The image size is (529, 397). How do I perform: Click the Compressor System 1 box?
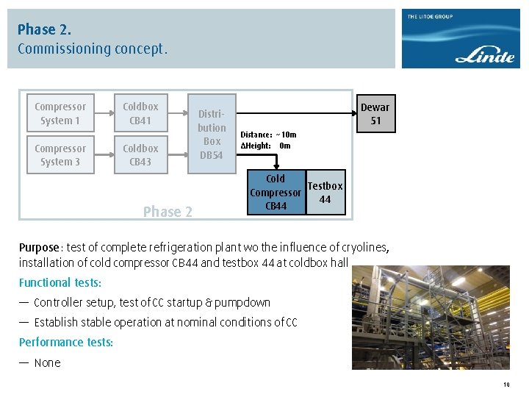[x=60, y=113]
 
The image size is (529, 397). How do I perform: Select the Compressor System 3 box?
[x=60, y=155]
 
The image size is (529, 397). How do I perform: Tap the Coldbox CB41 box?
[x=140, y=113]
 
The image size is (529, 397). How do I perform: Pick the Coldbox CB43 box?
[x=140, y=155]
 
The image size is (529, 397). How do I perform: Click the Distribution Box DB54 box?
[x=212, y=134]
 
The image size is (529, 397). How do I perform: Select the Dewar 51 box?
[x=375, y=114]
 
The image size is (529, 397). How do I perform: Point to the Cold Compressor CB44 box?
[x=276, y=193]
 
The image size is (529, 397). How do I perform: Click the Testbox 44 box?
[x=325, y=193]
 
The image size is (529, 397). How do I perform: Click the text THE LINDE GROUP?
[x=431, y=17]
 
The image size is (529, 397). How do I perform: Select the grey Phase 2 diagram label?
[x=168, y=212]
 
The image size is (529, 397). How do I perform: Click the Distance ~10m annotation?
[x=269, y=135]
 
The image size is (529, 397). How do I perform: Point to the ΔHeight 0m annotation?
[x=266, y=146]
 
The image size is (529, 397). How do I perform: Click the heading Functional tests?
[x=60, y=282]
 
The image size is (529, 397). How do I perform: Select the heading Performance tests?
[x=66, y=342]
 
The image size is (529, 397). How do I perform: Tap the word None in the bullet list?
[x=48, y=362]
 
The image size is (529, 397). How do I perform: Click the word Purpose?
[x=39, y=248]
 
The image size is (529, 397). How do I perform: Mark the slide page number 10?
[x=506, y=385]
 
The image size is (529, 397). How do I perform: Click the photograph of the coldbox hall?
[x=430, y=317]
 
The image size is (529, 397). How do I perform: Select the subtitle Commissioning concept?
[x=93, y=49]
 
